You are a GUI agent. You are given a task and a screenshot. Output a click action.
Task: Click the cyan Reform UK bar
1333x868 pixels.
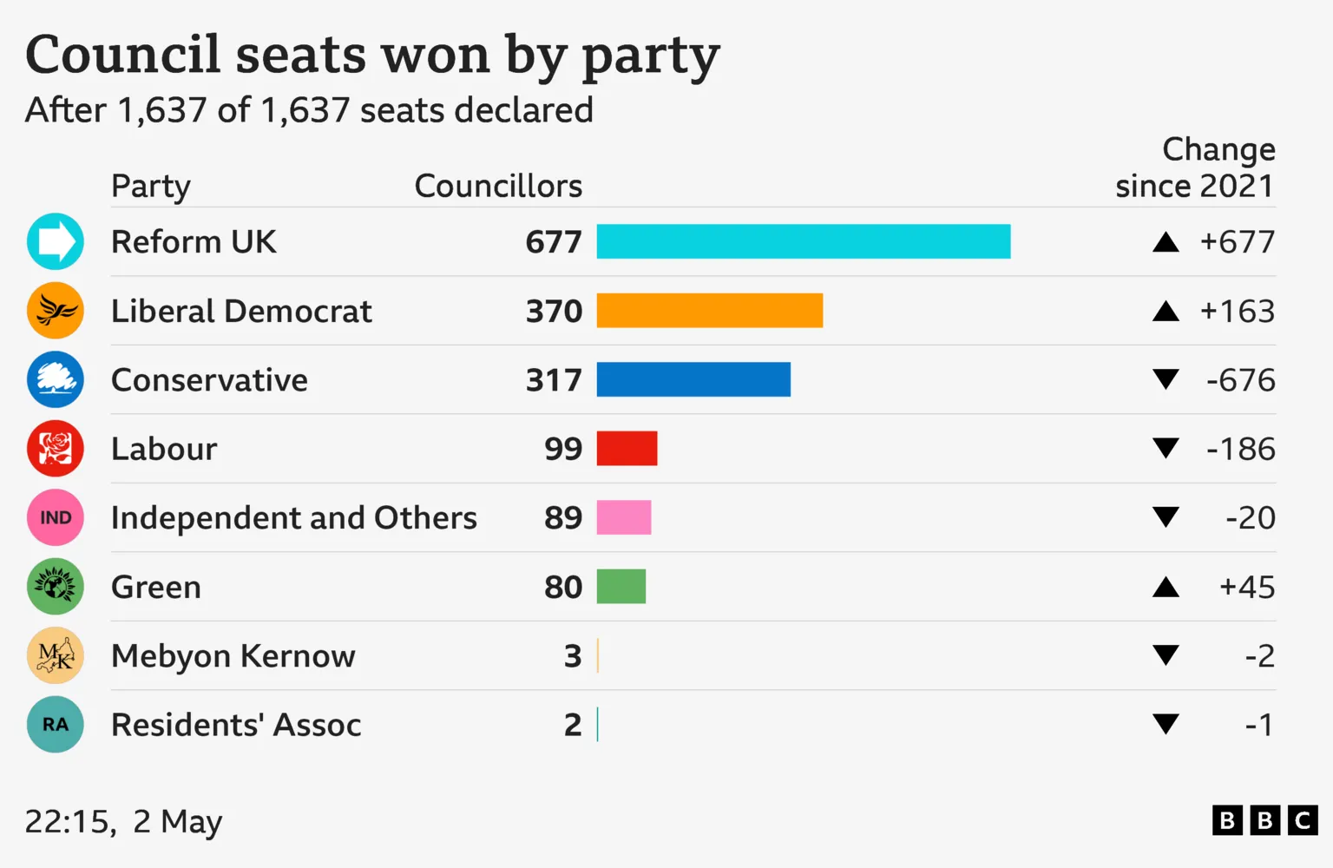(x=803, y=241)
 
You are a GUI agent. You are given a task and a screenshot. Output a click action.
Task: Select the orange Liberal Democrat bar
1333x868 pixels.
(x=709, y=311)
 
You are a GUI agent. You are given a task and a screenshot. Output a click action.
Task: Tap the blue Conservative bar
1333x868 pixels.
(x=693, y=379)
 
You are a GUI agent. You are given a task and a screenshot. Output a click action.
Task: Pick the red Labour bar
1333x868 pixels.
(x=627, y=449)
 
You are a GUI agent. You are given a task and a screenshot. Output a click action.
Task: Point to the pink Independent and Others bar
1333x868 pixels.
(x=623, y=517)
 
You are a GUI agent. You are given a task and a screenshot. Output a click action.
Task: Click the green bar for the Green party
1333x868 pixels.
(x=621, y=587)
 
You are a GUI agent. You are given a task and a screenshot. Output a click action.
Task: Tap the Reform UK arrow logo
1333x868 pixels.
(x=56, y=241)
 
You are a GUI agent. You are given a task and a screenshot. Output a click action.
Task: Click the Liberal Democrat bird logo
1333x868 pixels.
(x=56, y=311)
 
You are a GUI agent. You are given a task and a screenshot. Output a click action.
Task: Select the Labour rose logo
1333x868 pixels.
(x=56, y=449)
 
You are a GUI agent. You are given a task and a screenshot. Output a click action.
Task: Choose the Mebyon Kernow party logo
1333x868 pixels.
(x=56, y=655)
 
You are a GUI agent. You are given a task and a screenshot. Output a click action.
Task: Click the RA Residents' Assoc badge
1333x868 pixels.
(x=56, y=725)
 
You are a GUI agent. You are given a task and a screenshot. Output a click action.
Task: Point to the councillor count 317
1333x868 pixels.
(x=554, y=380)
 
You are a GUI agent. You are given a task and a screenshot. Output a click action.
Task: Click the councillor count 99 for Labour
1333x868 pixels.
(x=563, y=449)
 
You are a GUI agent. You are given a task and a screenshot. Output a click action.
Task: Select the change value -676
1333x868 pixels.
(x=1240, y=380)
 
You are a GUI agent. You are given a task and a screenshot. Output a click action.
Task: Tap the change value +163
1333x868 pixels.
(x=1237, y=311)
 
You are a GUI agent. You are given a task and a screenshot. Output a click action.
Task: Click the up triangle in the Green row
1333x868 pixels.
(x=1166, y=588)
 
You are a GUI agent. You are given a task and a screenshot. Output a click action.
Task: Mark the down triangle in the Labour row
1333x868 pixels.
(x=1166, y=448)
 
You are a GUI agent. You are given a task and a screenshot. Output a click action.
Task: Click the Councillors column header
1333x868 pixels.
(x=498, y=186)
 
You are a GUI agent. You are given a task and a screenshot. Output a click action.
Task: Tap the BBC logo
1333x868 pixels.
(x=1264, y=820)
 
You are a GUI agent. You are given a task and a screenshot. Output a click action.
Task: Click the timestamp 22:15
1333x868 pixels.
(x=69, y=821)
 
